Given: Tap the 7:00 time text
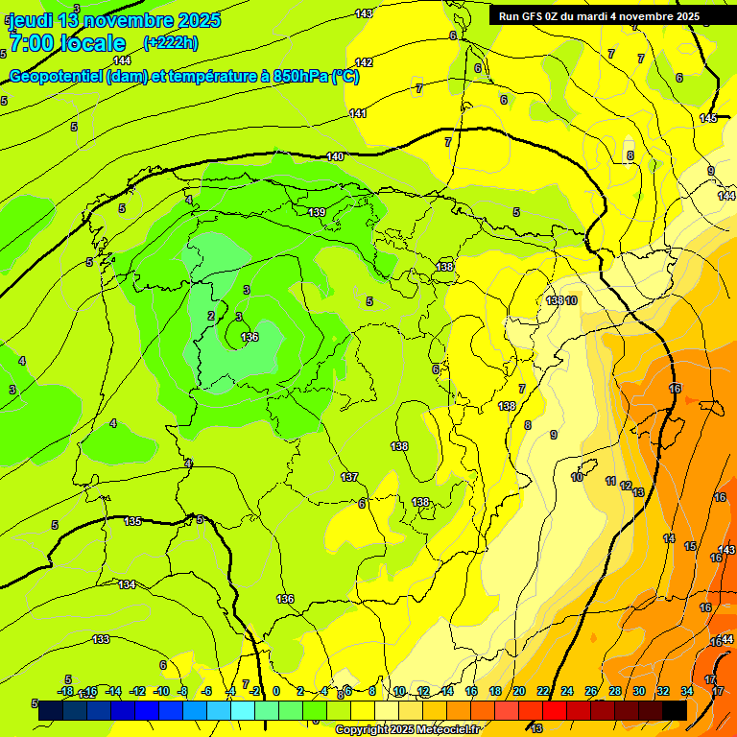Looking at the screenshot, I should pyautogui.click(x=34, y=43).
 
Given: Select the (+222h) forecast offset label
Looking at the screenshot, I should pyautogui.click(x=171, y=42).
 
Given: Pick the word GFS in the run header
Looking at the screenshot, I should pyautogui.click(x=536, y=16).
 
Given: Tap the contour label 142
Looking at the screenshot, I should pyautogui.click(x=364, y=62).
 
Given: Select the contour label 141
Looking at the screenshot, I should pyautogui.click(x=358, y=113).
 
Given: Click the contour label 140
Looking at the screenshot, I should pyautogui.click(x=335, y=156).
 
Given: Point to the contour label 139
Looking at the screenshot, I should pyautogui.click(x=317, y=212).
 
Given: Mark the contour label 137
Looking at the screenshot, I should pyautogui.click(x=349, y=477).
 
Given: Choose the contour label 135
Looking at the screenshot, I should pyautogui.click(x=133, y=521).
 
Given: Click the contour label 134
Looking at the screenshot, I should pyautogui.click(x=127, y=584).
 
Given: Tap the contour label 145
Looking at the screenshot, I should pyautogui.click(x=708, y=118).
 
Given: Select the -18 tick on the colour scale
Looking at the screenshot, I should pyautogui.click(x=66, y=691).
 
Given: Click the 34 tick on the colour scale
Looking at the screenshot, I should pyautogui.click(x=686, y=691).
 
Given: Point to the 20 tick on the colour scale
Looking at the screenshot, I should pyautogui.click(x=518, y=691).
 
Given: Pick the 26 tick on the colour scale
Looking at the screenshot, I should pyautogui.click(x=590, y=691).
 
